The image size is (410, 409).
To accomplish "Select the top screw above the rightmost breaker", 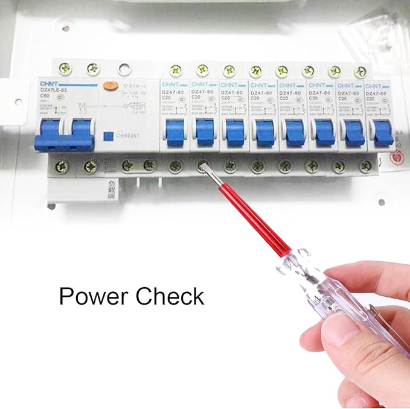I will click(x=360, y=71).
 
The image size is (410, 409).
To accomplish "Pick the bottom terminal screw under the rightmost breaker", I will click(x=363, y=165).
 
